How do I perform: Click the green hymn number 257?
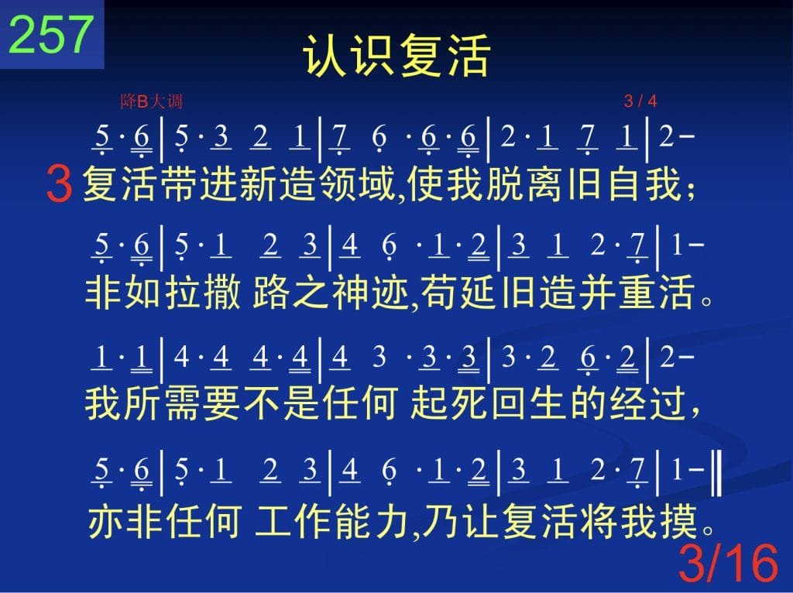51,34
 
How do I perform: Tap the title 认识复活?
396,55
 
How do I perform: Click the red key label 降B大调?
152,101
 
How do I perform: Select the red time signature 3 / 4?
640,101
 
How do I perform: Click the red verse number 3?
59,184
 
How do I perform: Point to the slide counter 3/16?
728,563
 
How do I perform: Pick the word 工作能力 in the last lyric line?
331,522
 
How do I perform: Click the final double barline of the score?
716,473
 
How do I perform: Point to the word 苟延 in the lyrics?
458,293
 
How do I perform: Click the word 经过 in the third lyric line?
647,404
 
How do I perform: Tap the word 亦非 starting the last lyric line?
125,522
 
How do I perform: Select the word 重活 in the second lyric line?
656,293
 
